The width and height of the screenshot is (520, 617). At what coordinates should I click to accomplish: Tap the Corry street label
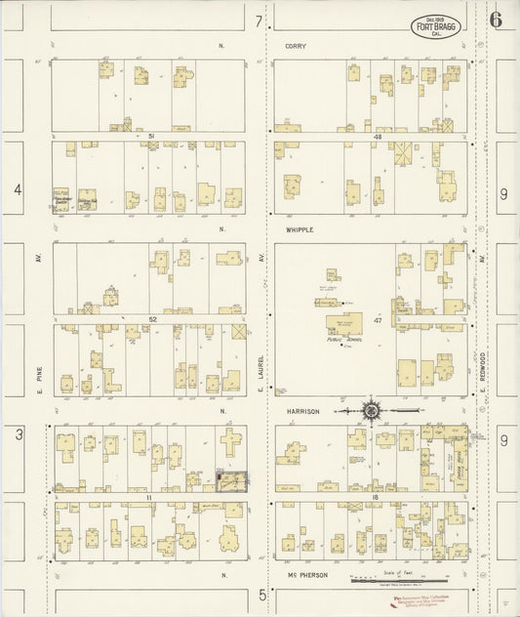296,46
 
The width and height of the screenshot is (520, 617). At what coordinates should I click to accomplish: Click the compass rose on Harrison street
371,411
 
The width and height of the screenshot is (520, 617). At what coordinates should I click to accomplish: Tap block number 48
376,137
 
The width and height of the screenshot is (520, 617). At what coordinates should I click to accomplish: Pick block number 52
152,318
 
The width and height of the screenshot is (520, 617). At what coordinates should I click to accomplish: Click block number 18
375,497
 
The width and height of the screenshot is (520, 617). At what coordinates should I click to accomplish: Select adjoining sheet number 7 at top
260,20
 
